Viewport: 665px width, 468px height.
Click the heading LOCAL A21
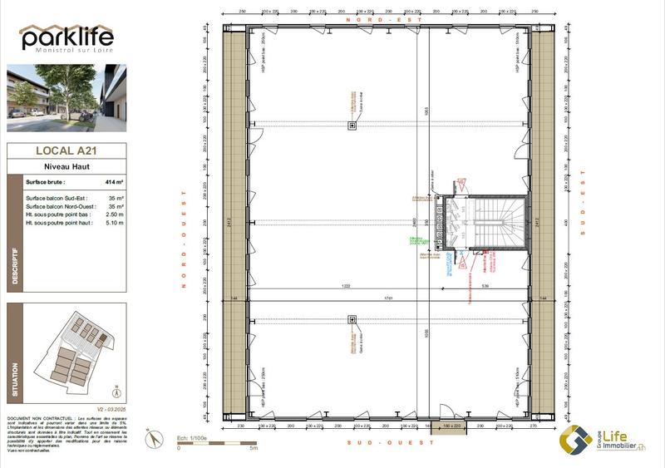(66, 151)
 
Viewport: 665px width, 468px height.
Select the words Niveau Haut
(66, 166)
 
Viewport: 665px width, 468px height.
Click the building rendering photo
(66, 98)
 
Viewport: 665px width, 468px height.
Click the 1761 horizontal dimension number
(387, 298)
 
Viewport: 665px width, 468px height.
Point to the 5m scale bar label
(254, 448)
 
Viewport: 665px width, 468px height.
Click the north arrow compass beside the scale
(151, 439)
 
